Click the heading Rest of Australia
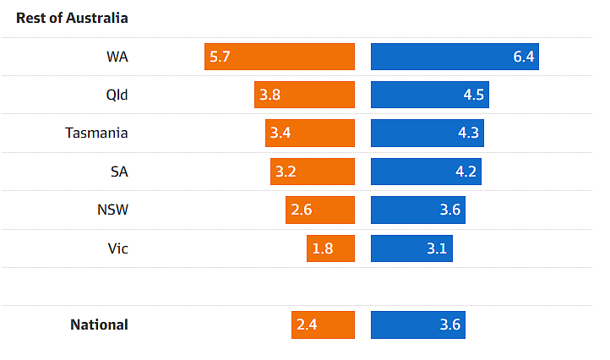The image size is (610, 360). click(72, 18)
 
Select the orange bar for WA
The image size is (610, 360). click(279, 57)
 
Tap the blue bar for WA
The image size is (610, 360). click(455, 57)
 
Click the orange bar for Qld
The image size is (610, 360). click(304, 95)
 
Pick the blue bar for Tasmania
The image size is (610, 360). click(427, 133)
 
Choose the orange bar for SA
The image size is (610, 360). click(312, 172)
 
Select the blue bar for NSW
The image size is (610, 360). click(417, 210)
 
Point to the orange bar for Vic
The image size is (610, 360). click(330, 248)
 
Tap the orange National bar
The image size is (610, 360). click(323, 325)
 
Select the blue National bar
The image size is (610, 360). click(417, 325)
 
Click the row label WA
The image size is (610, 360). click(117, 57)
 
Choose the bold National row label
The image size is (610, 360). click(99, 325)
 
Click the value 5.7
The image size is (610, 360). click(221, 57)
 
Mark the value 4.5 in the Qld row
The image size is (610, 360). click(473, 95)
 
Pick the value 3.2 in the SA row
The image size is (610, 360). click(286, 172)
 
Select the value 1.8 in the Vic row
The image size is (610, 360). click(323, 248)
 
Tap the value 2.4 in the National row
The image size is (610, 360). click(307, 325)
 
